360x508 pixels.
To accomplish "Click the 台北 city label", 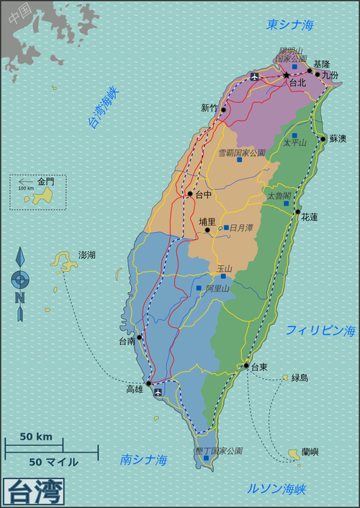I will point(297,83).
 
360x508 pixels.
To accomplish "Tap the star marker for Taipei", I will point(286,75).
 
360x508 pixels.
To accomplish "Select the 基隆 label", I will point(323,63).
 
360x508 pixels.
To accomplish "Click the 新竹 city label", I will point(210,108).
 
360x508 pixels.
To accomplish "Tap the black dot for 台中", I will point(190,194).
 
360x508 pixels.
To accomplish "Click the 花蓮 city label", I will point(310,216).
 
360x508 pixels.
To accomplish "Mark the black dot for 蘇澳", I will point(323,138).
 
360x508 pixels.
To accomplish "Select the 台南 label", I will point(127,341).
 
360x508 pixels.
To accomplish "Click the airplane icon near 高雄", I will point(158,393).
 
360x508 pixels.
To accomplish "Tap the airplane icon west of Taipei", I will point(253,76).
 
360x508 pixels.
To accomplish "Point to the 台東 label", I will point(259,367).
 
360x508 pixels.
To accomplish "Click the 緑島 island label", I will point(300,377).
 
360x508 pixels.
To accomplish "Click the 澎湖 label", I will point(87,255).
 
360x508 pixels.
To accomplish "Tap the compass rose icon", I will point(20,279).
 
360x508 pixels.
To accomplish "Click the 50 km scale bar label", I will point(35,437).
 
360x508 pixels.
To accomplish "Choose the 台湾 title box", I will point(34,493).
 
